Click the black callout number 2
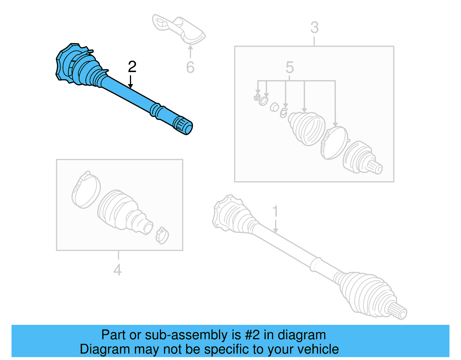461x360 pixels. click(x=132, y=67)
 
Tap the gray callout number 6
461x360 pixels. click(x=190, y=67)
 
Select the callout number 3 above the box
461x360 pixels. click(x=314, y=28)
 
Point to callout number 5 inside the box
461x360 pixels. click(x=290, y=67)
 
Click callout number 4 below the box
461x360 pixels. click(x=118, y=270)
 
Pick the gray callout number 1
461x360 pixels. click(x=275, y=211)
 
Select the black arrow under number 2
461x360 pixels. click(x=131, y=82)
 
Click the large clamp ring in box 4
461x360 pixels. click(x=86, y=190)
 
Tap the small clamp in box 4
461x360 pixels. click(x=162, y=235)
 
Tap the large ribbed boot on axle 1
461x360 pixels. click(x=366, y=294)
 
